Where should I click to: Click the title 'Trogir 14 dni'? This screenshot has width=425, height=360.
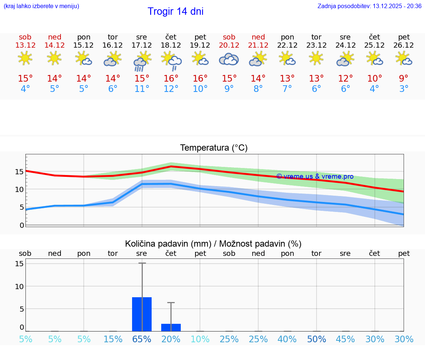click(175, 11)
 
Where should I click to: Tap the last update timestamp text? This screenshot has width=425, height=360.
click(369, 6)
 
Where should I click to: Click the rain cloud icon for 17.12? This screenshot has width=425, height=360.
click(141, 62)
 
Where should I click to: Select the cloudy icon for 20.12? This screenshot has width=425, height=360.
click(229, 59)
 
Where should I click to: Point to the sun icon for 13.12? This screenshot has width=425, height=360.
click(25, 58)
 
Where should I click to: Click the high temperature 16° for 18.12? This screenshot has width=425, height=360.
click(171, 79)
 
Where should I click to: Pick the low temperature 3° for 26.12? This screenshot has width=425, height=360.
click(404, 89)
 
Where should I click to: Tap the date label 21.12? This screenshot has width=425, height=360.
click(258, 45)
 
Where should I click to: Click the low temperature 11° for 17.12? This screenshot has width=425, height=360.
click(142, 89)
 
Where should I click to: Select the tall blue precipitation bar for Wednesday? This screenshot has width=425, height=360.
click(142, 314)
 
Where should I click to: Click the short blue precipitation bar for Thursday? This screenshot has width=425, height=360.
click(171, 328)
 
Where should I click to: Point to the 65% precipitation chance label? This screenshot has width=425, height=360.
click(142, 339)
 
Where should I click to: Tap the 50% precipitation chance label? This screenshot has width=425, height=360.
click(316, 339)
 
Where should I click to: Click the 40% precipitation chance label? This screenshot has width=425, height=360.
click(287, 339)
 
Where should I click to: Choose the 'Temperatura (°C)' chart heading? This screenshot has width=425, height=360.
click(214, 148)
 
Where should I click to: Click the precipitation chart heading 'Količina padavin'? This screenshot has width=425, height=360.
click(213, 244)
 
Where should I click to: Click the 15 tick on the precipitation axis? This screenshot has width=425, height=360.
click(20, 264)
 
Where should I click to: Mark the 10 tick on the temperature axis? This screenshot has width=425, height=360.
click(20, 189)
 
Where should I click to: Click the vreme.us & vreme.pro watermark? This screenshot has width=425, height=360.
click(315, 176)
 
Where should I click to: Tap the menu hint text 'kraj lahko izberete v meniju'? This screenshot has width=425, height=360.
click(41, 6)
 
